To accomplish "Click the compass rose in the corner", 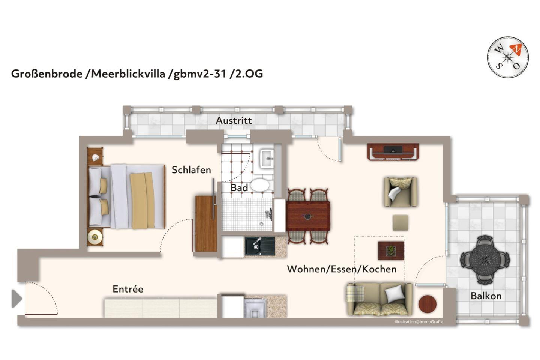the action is pos(508,57).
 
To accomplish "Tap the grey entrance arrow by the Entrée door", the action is pos(17,299).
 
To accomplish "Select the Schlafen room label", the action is pos(191,170).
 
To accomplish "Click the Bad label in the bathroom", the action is pos(239,188).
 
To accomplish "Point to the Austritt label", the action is pos(234,121).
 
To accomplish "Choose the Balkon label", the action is pos(486,296).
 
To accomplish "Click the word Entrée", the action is pos(128,289).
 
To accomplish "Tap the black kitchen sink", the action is pos(260,246).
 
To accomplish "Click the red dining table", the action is pos(308,216).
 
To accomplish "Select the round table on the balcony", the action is pos(485,259).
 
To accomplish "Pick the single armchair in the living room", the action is pos(400,192).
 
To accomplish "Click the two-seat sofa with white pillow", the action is pos(379,299).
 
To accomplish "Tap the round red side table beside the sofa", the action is pos(427,304).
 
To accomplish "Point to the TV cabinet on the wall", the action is pos(393,152).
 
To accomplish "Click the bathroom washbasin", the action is pos(267,158).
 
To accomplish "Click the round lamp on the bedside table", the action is pos(95,237).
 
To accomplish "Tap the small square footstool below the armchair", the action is pos(400,222).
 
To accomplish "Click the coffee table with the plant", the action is pos(391,251).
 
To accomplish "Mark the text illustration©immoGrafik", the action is pos(418,322).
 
